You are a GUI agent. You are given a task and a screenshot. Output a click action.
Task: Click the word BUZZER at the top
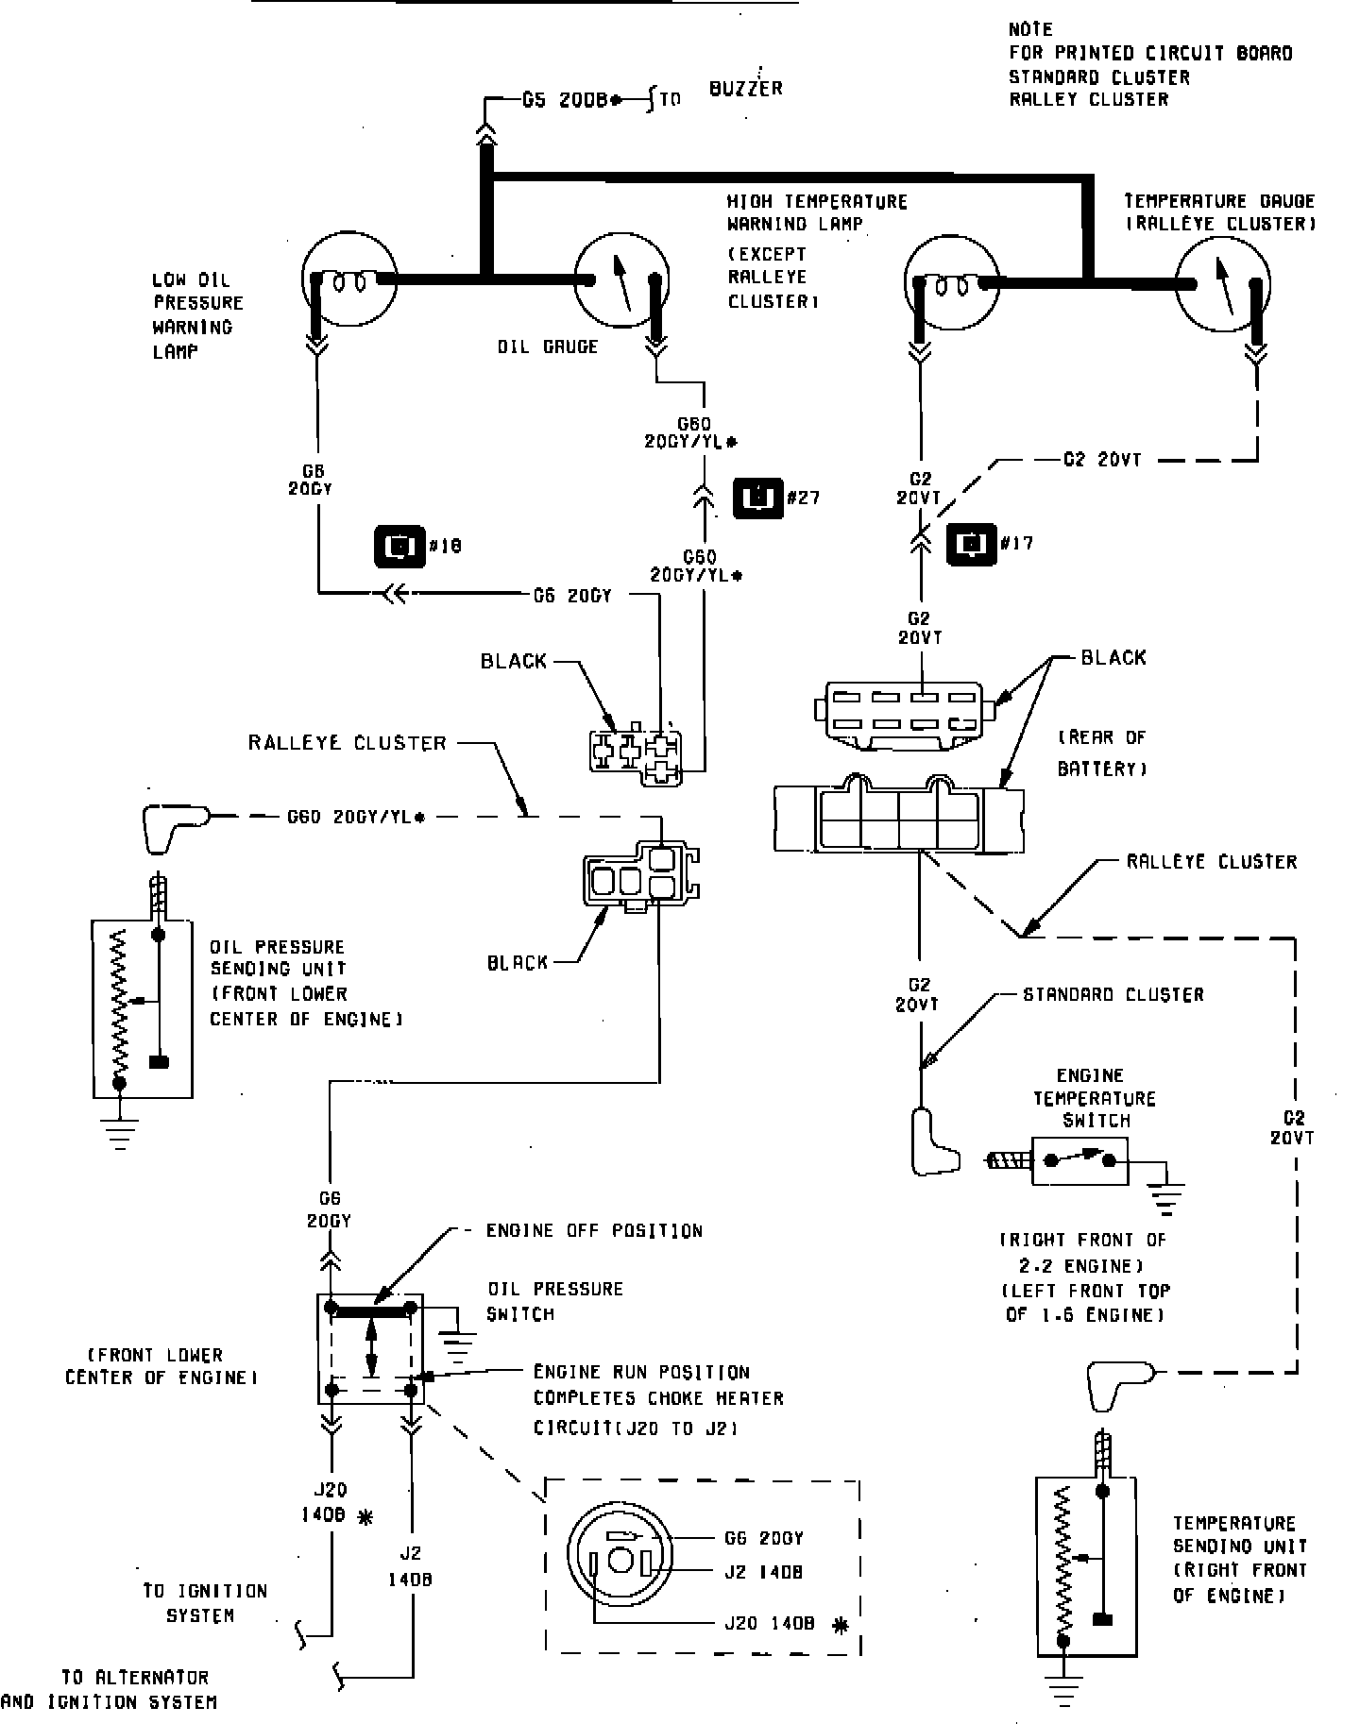click(745, 89)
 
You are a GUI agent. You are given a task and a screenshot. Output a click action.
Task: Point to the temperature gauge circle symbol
click(1222, 281)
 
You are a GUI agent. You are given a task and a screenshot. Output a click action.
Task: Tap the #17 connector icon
click(972, 543)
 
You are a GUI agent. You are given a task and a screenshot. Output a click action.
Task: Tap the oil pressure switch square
click(369, 1349)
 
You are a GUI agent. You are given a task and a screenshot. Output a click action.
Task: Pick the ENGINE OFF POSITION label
click(594, 1231)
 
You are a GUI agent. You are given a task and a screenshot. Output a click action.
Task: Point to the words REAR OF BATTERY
click(1100, 752)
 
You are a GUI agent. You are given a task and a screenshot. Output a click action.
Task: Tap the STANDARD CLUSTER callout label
click(1113, 994)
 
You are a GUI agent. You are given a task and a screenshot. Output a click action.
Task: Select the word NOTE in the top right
click(1029, 29)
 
